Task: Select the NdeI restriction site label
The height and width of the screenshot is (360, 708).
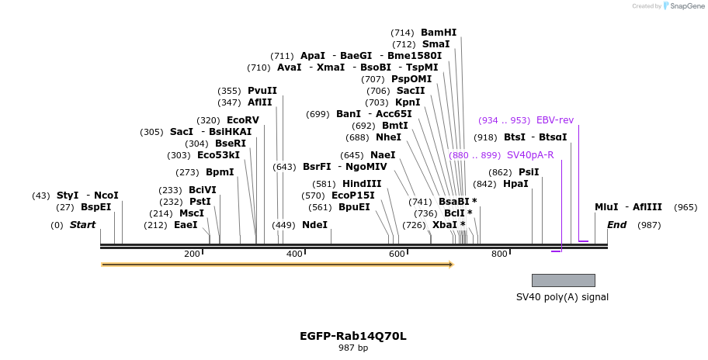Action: click(314, 225)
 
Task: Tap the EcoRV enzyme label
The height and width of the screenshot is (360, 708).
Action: click(242, 120)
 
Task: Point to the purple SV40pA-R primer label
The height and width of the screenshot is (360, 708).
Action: click(530, 155)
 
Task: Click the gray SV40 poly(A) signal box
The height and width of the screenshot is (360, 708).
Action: click(563, 280)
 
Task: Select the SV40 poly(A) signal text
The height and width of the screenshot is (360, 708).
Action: click(562, 297)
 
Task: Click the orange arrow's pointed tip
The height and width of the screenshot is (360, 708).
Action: click(451, 265)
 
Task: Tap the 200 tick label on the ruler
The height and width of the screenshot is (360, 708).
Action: click(192, 254)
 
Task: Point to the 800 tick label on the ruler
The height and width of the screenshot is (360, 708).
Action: click(499, 254)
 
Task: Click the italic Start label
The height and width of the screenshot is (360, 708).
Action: click(82, 225)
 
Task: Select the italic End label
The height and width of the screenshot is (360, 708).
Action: click(616, 225)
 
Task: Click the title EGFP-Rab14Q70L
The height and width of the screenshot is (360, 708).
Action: click(353, 336)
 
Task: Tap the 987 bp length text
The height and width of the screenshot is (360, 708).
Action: click(353, 348)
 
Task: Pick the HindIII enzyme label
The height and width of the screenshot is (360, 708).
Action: click(362, 184)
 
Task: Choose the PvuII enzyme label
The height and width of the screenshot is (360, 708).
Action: click(262, 91)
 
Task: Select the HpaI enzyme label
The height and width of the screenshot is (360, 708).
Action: click(515, 184)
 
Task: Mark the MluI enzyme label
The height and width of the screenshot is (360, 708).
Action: click(606, 207)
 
